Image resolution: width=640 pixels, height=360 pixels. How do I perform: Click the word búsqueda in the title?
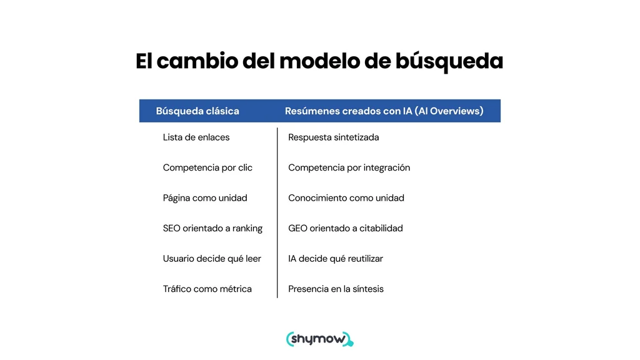449,62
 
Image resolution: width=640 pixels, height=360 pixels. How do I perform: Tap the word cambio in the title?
197,61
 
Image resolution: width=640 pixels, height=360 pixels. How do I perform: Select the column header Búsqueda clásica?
197,111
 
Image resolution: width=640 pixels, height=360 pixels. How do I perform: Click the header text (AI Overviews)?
449,111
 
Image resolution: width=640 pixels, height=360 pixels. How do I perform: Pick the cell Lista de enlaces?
196,137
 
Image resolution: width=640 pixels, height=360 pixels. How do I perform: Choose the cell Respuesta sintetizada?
334,137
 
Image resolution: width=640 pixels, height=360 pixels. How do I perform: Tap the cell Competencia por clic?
207,167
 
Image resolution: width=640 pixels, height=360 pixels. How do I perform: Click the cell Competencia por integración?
349,167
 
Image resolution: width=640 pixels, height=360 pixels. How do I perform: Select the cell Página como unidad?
205,198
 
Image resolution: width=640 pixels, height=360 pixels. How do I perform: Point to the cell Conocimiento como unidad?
346,198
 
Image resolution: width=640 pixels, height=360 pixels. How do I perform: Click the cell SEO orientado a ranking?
212,228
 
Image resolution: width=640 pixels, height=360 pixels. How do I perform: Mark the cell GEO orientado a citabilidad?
345,228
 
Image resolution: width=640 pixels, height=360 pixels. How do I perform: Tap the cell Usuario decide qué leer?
212,259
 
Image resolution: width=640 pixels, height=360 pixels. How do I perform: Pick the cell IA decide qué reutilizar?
336,259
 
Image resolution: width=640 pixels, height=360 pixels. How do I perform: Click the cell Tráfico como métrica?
207,289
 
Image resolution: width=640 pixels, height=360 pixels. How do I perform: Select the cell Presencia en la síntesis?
336,289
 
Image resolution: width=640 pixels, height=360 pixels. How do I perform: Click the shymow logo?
320,339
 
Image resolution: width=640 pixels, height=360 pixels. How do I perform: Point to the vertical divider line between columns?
277,212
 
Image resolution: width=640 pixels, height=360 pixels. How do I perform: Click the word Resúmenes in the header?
312,111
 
